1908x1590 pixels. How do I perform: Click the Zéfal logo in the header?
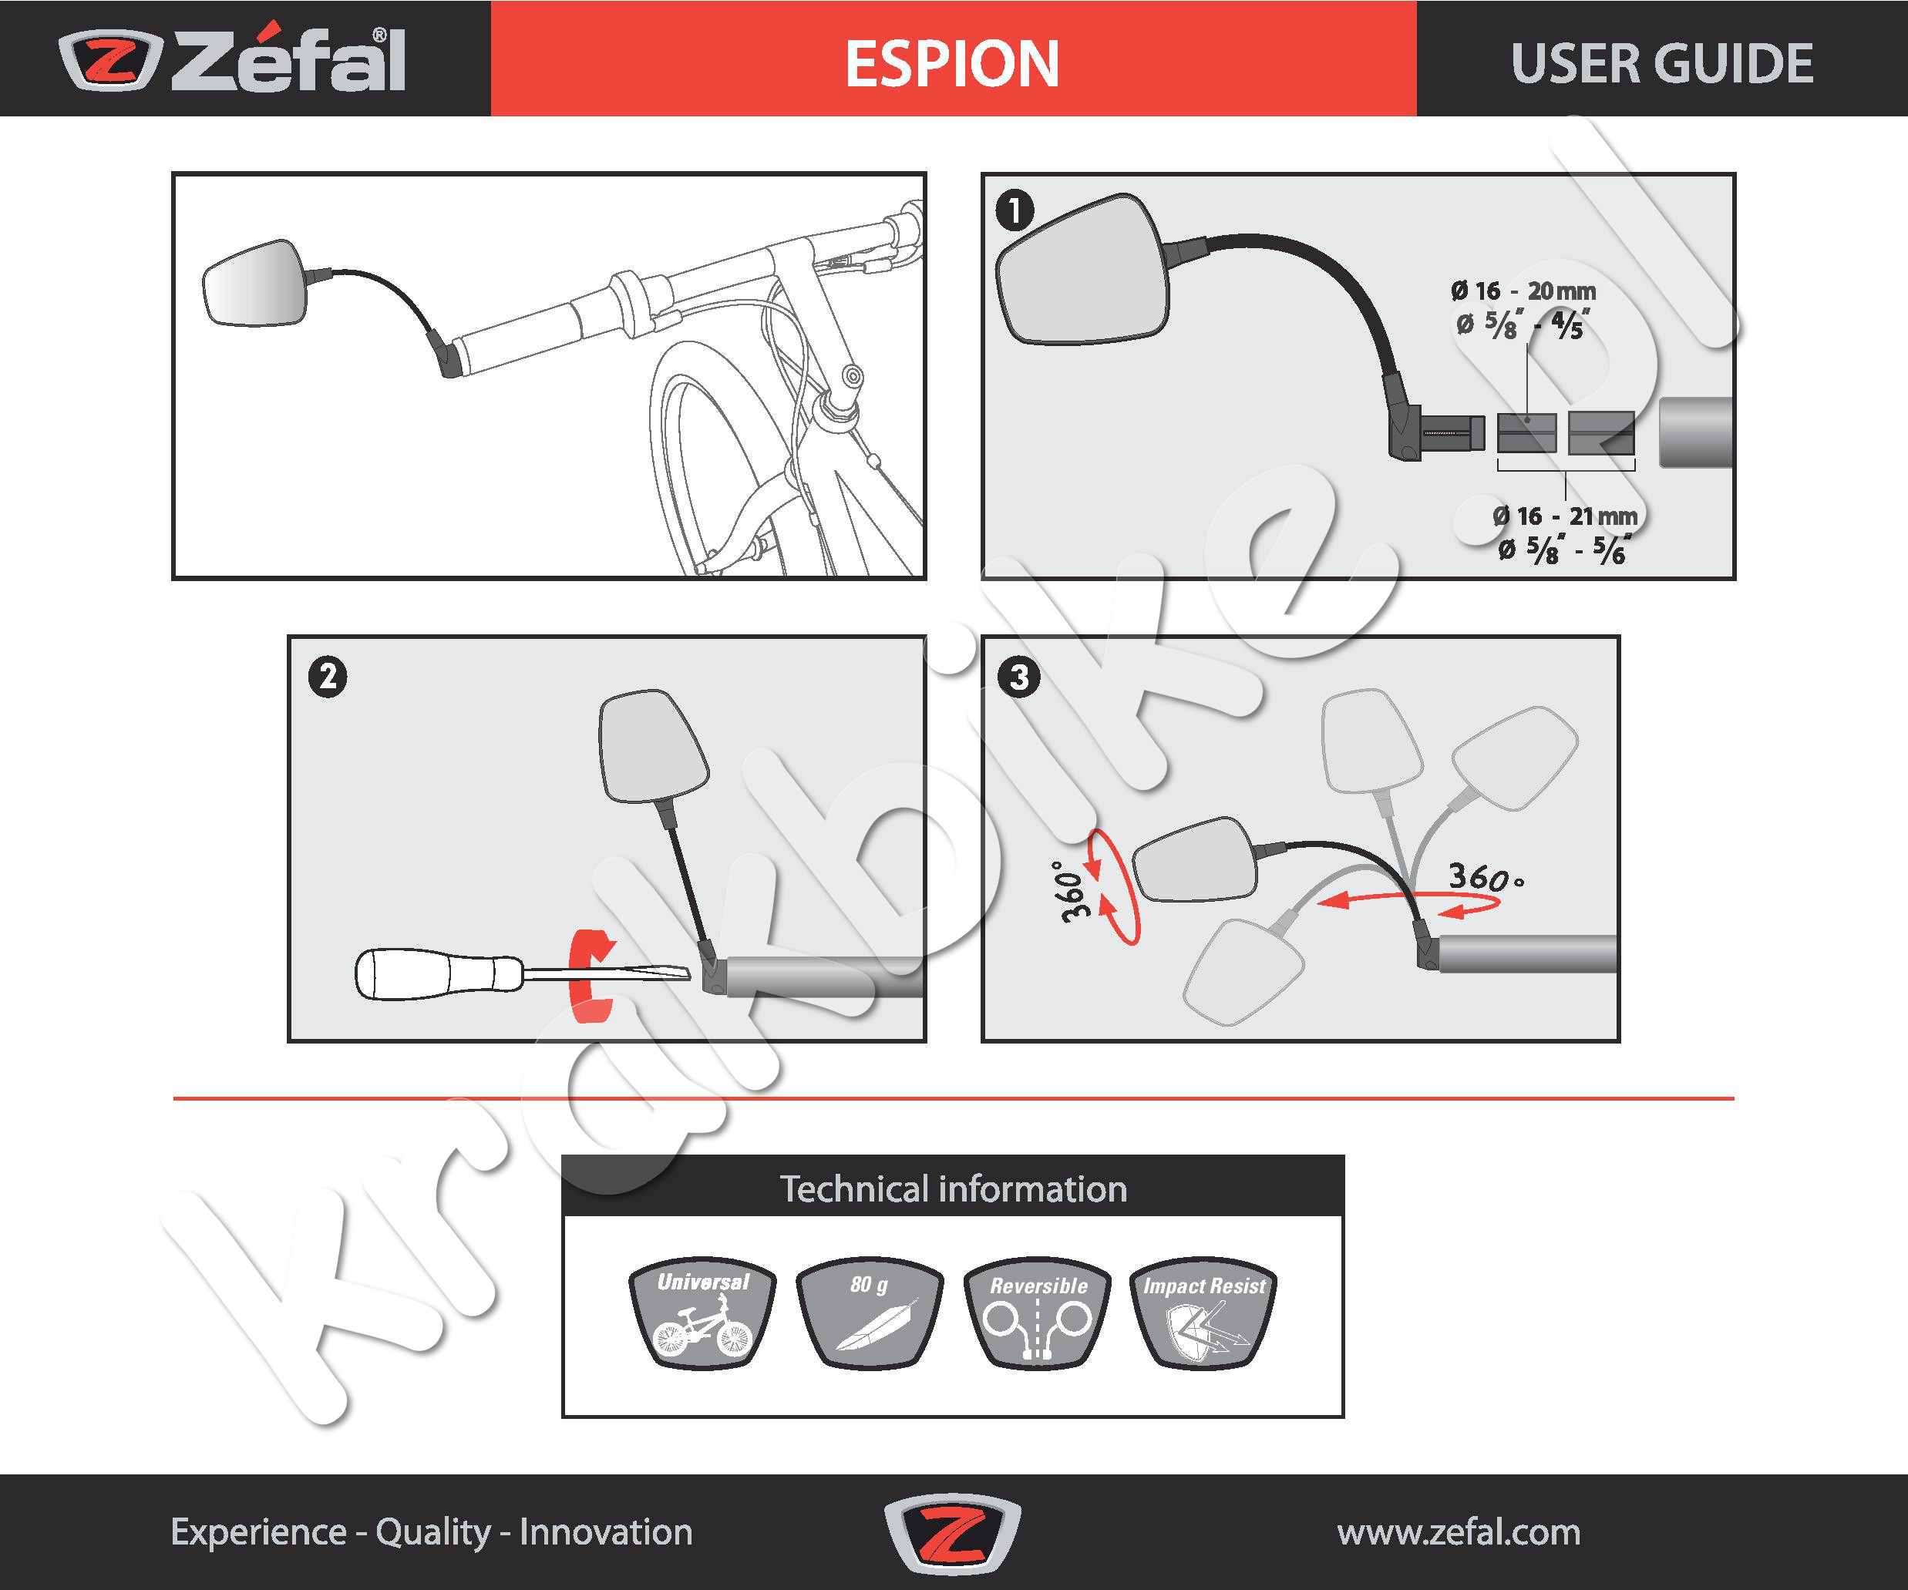(x=233, y=60)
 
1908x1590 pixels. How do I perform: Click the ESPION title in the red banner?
(x=952, y=64)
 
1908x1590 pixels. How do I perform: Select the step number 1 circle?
(x=1014, y=210)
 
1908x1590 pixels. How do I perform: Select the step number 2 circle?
(x=327, y=677)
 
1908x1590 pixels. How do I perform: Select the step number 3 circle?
(x=1018, y=677)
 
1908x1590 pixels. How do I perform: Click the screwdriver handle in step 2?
(x=436, y=974)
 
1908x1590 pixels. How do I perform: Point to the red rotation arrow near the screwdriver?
(x=590, y=976)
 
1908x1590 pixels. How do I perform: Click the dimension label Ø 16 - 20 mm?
(x=1523, y=291)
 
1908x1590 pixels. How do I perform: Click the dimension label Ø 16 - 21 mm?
(x=1566, y=516)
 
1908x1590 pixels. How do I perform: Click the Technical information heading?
(x=953, y=1188)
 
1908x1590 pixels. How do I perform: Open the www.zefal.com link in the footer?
(x=1459, y=1532)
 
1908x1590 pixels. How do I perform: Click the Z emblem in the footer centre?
(x=952, y=1532)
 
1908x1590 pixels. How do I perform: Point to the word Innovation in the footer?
(x=606, y=1532)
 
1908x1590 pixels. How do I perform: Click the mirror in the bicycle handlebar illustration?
(x=255, y=284)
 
